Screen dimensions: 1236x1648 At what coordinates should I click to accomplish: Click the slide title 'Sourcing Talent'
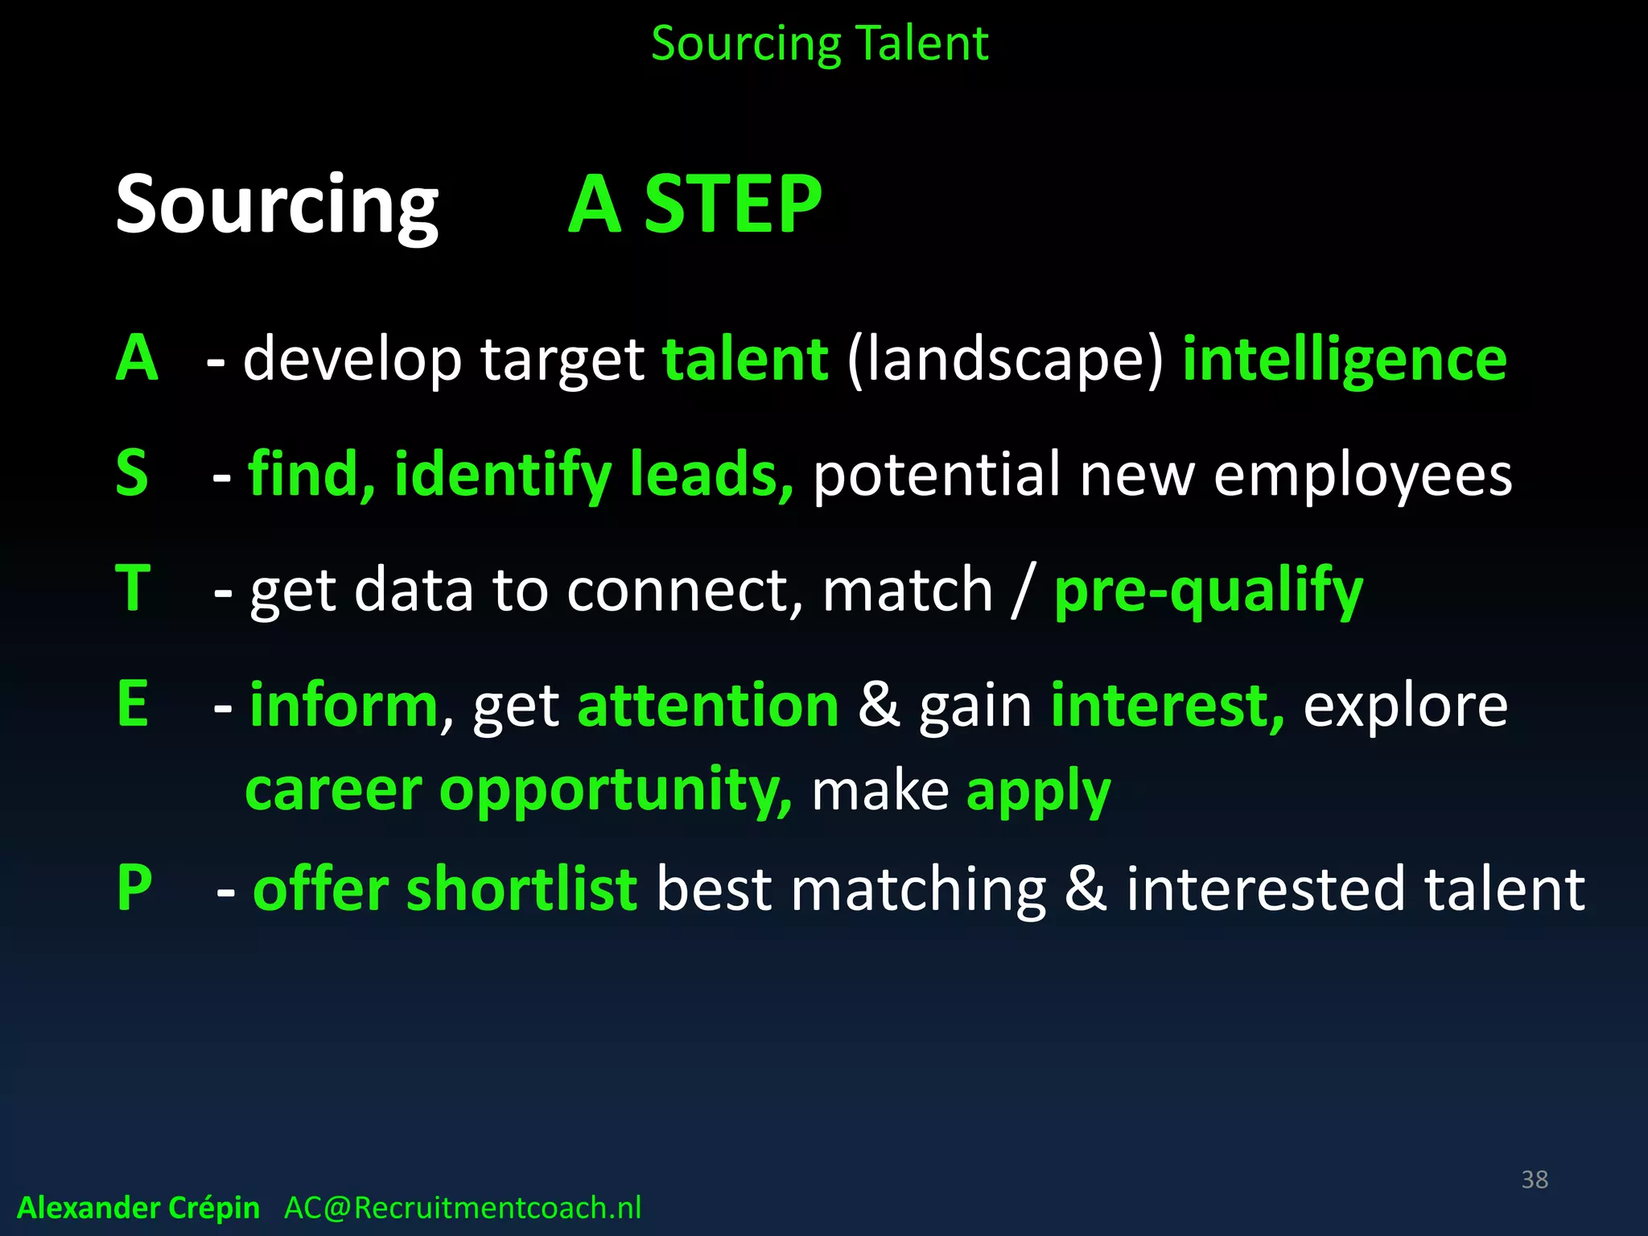click(819, 43)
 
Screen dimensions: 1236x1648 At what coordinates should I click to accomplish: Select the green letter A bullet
click(137, 358)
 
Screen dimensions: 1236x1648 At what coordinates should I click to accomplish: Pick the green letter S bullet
click(132, 473)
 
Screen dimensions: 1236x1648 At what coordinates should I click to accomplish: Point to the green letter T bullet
click(134, 588)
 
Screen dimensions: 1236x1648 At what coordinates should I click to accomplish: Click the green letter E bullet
click(133, 704)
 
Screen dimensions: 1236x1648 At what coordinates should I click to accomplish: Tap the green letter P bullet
click(134, 888)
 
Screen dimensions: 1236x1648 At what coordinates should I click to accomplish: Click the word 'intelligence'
click(1344, 360)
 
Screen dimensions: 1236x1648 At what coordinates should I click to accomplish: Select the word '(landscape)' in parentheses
click(1005, 360)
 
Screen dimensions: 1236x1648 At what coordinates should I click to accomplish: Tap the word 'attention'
click(708, 706)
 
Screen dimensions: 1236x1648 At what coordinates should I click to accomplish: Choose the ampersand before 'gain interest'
click(879, 706)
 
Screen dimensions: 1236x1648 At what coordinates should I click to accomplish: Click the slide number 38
click(1535, 1180)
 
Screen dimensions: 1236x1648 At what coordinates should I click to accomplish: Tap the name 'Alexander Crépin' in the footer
click(138, 1208)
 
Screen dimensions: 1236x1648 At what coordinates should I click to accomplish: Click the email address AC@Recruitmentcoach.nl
click(463, 1208)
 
